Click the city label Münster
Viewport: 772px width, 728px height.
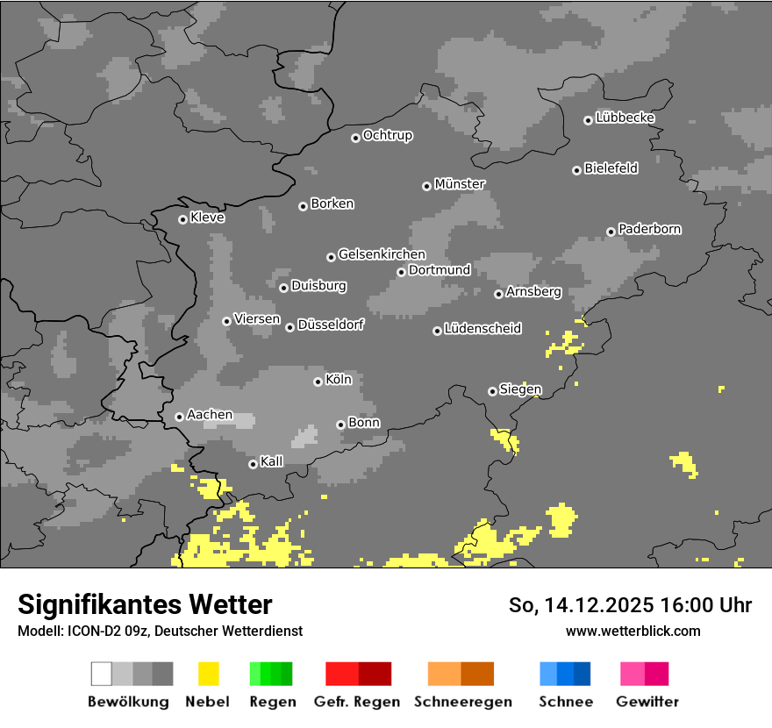tap(460, 184)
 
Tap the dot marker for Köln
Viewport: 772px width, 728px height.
tap(318, 382)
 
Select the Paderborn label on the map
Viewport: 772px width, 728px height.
tap(650, 229)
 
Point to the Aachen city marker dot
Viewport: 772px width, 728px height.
tap(179, 417)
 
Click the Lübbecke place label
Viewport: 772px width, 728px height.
tap(625, 118)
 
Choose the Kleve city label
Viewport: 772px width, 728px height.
tap(208, 218)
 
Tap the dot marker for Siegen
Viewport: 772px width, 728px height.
tap(492, 391)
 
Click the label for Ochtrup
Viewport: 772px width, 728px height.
tap(388, 135)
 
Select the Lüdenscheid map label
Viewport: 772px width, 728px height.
tap(483, 329)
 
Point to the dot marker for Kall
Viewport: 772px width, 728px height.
tap(253, 464)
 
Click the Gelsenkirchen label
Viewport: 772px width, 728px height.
tap(382, 254)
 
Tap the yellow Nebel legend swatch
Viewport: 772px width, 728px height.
tap(208, 674)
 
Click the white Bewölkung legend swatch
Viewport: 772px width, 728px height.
tap(101, 674)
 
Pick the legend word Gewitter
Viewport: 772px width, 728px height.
tap(647, 702)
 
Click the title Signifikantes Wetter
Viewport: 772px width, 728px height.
tap(145, 604)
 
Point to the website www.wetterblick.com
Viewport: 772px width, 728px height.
tap(633, 631)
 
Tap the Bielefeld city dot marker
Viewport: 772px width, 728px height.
tap(576, 170)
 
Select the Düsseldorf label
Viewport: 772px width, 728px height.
tap(331, 325)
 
